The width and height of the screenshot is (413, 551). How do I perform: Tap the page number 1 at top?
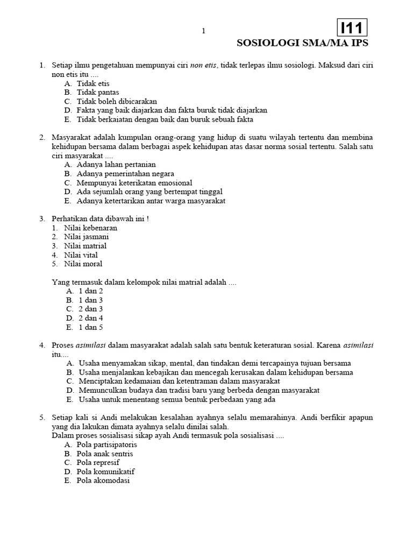coord(203,31)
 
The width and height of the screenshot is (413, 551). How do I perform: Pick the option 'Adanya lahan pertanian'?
coord(116,165)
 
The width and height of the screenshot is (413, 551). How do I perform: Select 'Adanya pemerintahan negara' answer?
coord(125,174)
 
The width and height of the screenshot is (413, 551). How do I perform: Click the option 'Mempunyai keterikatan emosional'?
coord(134,183)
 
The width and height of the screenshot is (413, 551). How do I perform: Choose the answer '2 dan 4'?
coord(90,318)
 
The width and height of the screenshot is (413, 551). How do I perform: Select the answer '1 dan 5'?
coord(90,327)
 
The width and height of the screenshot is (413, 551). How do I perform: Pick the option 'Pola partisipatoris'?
coord(106,445)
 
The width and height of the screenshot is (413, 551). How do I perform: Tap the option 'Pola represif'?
coord(98,463)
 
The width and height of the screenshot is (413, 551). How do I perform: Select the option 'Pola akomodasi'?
coord(103,481)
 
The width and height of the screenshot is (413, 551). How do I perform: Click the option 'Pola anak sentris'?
coord(105,454)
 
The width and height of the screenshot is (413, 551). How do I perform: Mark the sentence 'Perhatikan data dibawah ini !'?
coord(99,218)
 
